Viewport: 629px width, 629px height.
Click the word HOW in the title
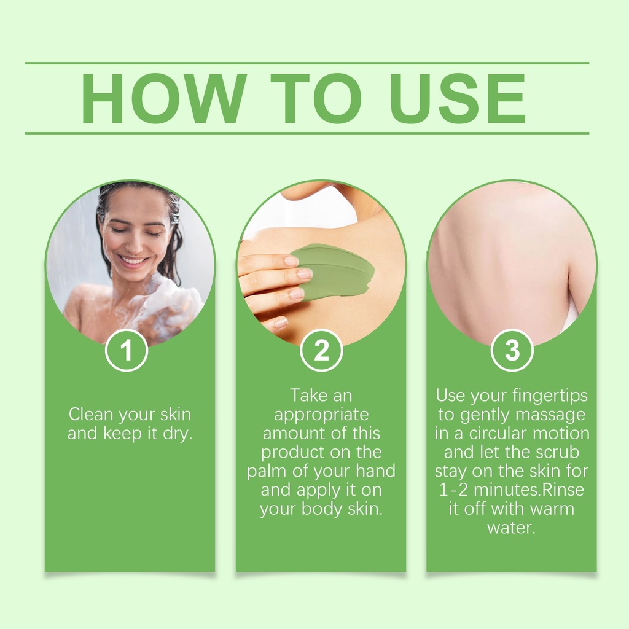point(163,98)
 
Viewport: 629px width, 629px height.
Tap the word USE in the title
point(457,98)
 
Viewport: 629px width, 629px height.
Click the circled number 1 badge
point(127,350)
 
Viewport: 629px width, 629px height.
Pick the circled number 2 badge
point(321,350)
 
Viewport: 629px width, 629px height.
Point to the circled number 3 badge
point(512,350)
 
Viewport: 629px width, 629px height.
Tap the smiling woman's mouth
point(133,261)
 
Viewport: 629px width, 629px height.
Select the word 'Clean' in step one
point(92,415)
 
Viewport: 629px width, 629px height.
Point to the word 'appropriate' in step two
point(321,415)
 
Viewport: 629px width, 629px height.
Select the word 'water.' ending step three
point(512,528)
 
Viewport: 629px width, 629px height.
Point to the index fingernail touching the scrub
point(291,261)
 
